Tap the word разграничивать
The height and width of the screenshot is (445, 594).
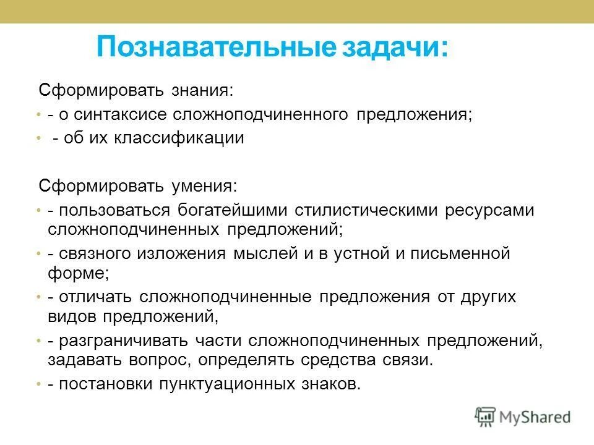(118, 341)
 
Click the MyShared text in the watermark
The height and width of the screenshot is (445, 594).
(535, 417)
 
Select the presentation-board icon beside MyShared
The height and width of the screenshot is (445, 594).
(486, 417)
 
